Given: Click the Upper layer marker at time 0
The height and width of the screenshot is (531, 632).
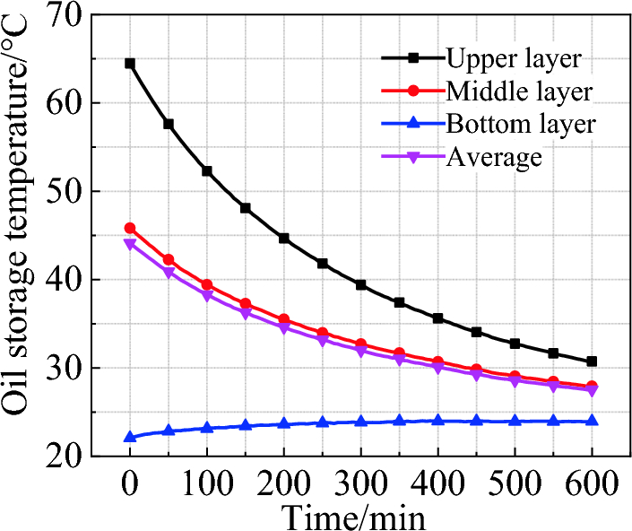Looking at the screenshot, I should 130,64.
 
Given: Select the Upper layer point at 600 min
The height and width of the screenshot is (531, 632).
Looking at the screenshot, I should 592,361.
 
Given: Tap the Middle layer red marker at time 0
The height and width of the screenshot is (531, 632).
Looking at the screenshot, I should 130,228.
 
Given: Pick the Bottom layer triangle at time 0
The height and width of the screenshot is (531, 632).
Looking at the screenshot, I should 130,437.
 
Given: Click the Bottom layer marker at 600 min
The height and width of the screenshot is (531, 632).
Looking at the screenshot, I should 592,421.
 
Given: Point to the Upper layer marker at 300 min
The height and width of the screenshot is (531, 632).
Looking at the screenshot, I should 360,284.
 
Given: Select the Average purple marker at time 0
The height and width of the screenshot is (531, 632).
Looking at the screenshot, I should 130,244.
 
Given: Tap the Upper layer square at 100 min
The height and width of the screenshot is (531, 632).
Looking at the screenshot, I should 207,170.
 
